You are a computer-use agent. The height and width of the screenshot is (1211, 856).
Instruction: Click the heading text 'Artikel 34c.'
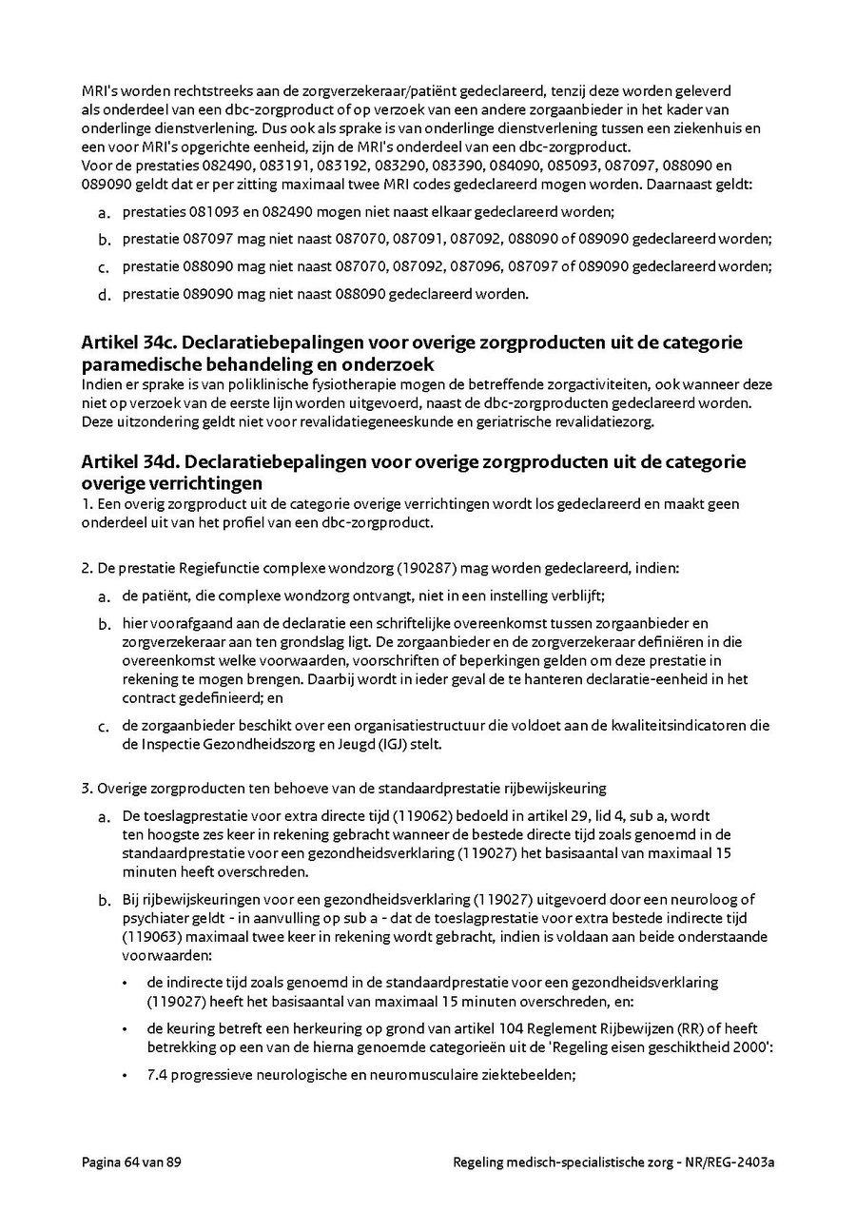[127, 342]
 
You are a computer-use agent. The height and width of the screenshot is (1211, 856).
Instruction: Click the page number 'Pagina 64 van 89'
[131, 1162]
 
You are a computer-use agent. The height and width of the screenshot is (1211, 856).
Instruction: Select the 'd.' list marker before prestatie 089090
[105, 295]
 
